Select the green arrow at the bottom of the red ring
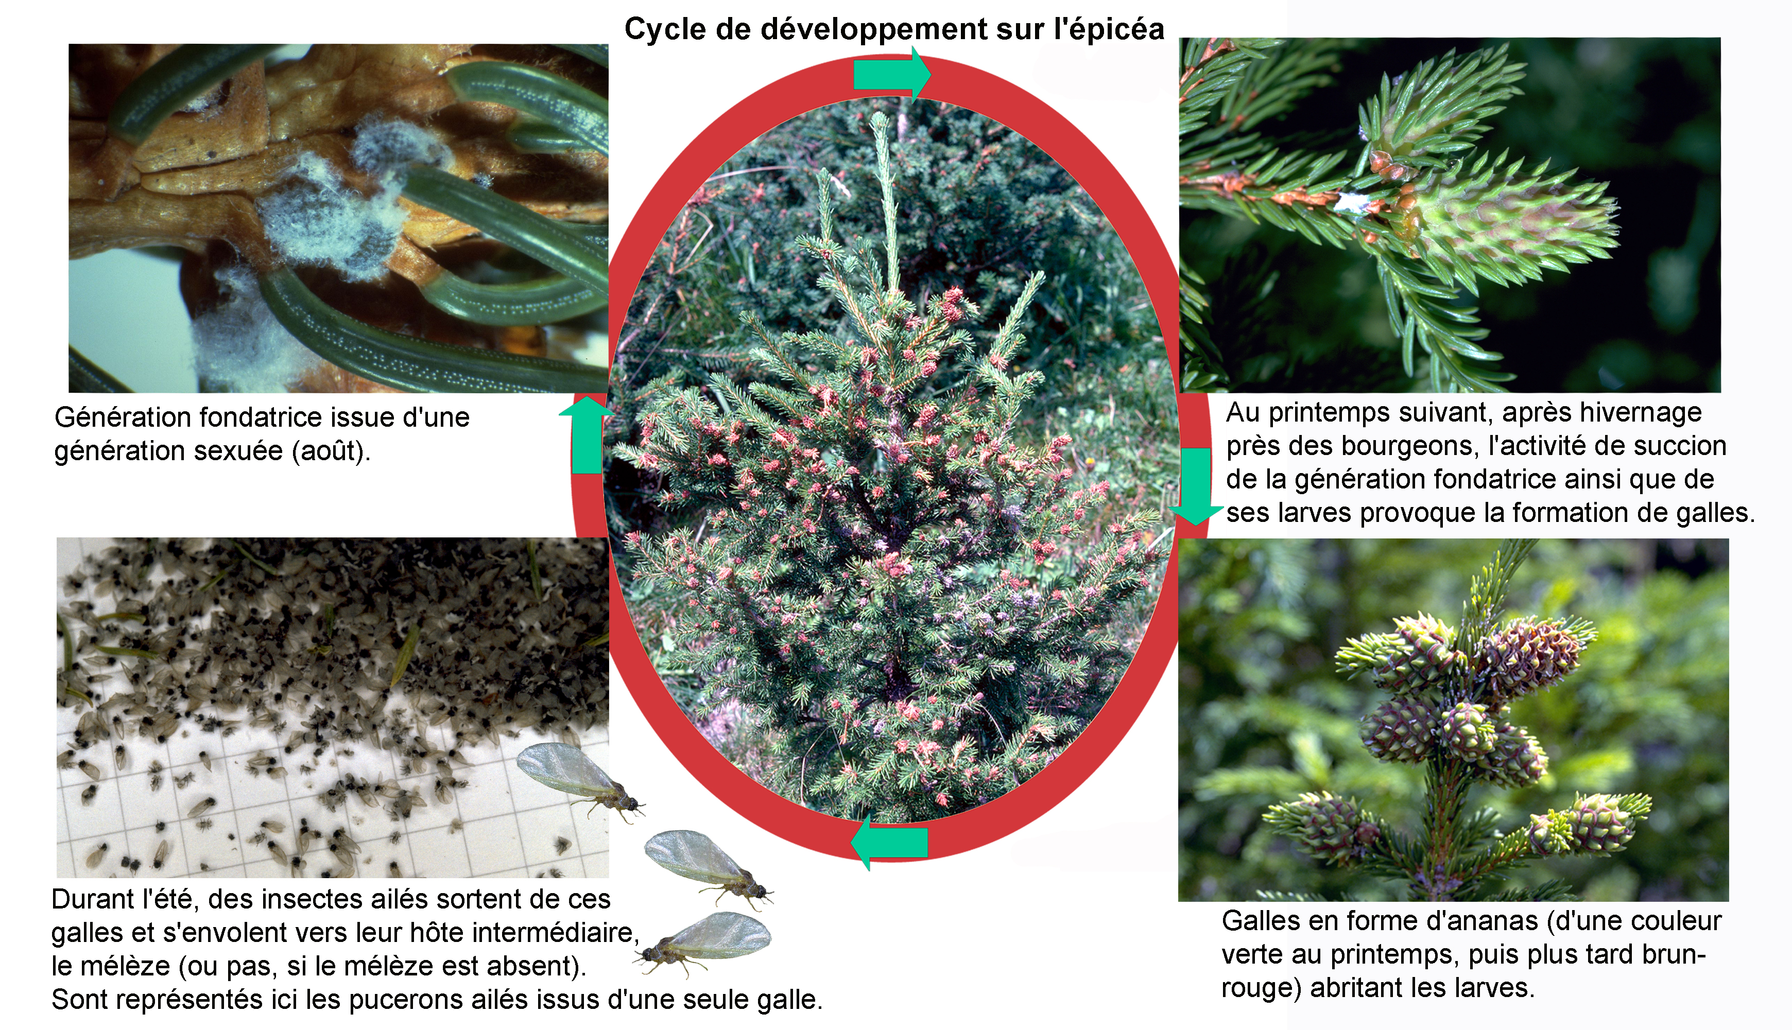(x=890, y=843)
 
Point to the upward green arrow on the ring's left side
(x=587, y=435)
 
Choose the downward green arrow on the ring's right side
(x=1196, y=485)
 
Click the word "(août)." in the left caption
(x=332, y=450)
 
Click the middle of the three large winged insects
(x=708, y=867)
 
